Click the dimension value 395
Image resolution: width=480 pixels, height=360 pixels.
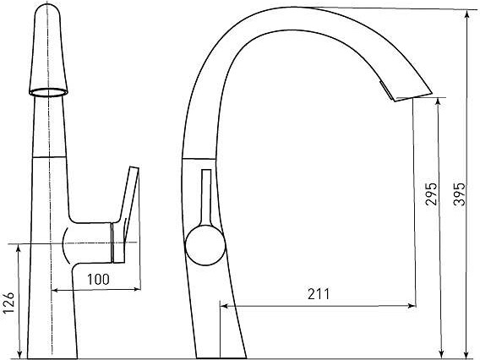460,194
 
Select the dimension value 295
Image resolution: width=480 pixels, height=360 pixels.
431,194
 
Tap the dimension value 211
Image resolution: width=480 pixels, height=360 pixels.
319,294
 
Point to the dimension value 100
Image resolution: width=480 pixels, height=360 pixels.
98,279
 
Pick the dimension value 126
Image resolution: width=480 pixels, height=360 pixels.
8,303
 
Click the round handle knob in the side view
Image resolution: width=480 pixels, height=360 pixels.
205,246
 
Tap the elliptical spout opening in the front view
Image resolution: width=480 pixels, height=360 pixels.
48,92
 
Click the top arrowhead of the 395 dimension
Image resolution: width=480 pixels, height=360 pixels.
466,15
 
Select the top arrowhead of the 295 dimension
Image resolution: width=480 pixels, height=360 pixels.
438,103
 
